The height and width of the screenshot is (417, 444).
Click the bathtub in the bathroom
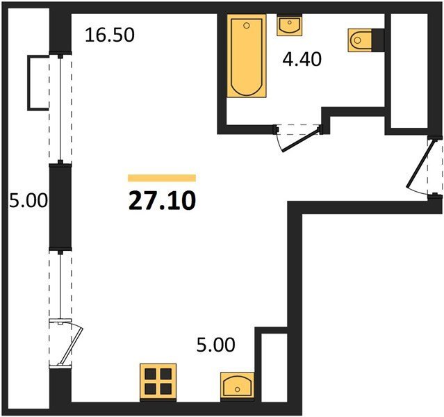[x=247, y=56]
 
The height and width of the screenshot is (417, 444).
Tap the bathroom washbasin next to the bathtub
[x=289, y=26]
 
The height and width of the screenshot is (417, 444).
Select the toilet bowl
[x=359, y=40]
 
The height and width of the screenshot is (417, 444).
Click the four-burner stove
[x=158, y=382]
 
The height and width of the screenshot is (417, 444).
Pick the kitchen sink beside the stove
[x=238, y=386]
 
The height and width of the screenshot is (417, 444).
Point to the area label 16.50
[x=110, y=35]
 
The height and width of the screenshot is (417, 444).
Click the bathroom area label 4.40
[x=302, y=60]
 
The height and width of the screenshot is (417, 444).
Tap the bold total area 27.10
[x=162, y=201]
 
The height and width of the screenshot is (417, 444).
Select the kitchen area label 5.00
[x=216, y=345]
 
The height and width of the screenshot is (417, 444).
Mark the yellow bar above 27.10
[x=162, y=178]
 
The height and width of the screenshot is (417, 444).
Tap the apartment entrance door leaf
[x=419, y=163]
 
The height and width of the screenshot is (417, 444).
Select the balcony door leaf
[x=71, y=346]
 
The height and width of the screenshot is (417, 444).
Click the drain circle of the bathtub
[x=247, y=26]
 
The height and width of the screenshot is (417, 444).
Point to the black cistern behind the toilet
[x=378, y=40]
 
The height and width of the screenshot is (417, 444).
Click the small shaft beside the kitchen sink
[x=274, y=368]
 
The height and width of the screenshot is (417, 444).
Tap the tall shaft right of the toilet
[x=409, y=70]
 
